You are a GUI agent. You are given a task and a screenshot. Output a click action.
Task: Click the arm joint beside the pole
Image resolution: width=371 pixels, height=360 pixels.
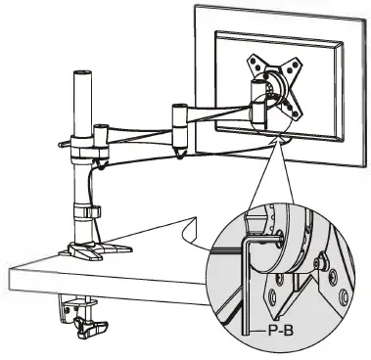pyautogui.click(x=100, y=138)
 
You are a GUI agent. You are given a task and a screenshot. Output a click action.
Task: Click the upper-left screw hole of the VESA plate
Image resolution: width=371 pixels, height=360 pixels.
pyautogui.click(x=256, y=62)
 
